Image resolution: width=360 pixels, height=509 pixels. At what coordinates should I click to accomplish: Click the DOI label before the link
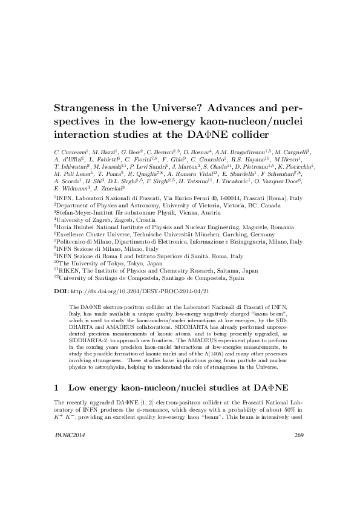[x=61, y=291]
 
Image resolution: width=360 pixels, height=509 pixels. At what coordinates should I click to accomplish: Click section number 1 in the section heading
[x=57, y=386]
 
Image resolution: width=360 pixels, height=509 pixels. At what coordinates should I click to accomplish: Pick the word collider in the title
[x=244, y=134]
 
